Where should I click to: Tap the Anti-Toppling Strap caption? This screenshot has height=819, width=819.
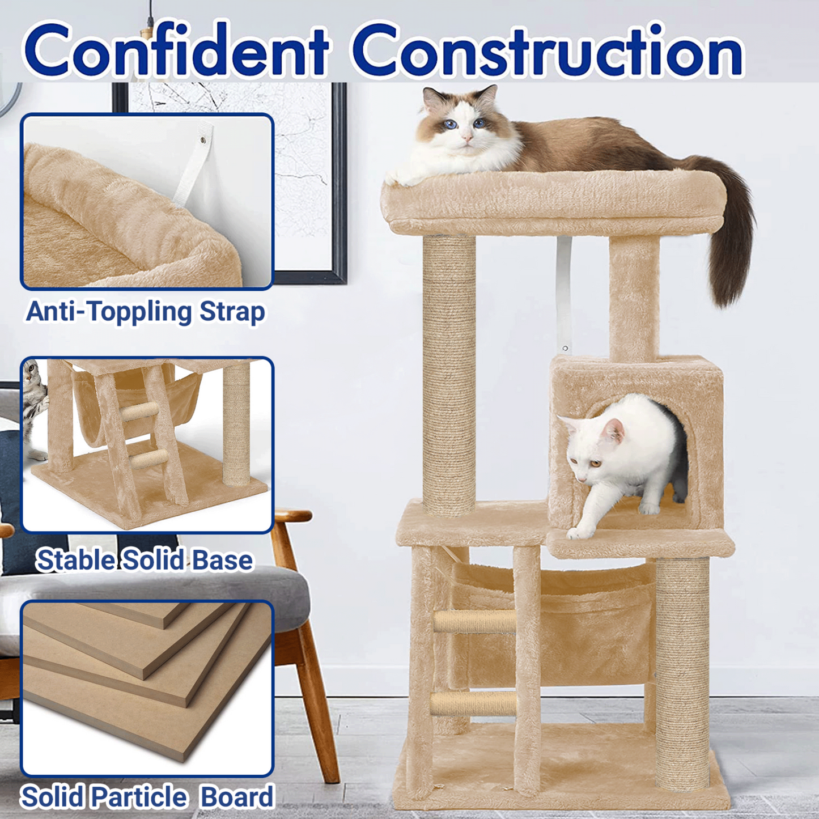[146, 312]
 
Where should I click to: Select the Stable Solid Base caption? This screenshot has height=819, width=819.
[145, 559]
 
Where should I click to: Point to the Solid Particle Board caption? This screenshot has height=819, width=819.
[147, 796]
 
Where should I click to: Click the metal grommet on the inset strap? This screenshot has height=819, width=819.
[203, 138]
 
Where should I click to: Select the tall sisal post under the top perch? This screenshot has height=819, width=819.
[449, 375]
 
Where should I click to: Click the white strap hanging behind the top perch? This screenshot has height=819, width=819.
[565, 293]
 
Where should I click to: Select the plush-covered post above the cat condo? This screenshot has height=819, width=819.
[634, 298]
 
